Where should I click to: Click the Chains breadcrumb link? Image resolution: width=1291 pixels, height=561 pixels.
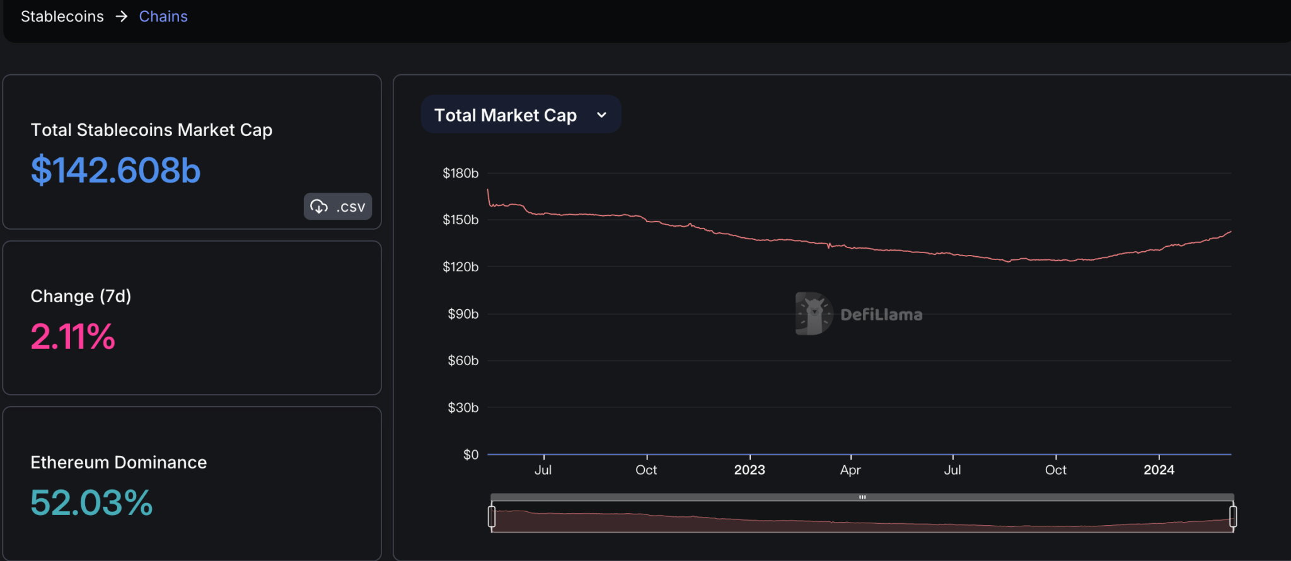coord(163,16)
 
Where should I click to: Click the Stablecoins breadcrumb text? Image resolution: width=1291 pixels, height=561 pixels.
coord(62,16)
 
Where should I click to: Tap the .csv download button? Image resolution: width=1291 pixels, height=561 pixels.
coord(338,207)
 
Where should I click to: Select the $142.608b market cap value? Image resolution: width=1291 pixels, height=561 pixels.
coord(115,171)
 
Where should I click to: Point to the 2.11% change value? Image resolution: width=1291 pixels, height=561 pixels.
coord(73,336)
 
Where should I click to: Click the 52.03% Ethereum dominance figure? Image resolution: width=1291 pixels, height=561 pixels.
coord(91,503)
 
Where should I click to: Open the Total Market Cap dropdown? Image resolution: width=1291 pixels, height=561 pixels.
coord(521,115)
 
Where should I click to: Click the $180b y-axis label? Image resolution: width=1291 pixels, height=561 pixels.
coord(460,173)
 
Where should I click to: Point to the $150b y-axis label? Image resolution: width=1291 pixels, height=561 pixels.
coord(460,220)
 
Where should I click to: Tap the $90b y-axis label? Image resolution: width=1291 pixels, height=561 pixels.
coord(463,314)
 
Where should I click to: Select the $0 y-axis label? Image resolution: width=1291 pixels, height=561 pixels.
coord(470,455)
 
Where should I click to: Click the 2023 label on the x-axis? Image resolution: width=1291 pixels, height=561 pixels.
coord(750,470)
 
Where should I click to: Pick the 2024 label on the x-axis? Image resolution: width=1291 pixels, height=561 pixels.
coord(1159,470)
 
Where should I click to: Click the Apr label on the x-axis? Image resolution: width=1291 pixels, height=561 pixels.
coord(850,470)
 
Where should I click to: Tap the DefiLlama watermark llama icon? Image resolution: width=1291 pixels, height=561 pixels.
coord(813,314)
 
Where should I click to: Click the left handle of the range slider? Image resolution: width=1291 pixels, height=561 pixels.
coord(492,516)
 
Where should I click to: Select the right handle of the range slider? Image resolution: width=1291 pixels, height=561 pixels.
coord(1233,516)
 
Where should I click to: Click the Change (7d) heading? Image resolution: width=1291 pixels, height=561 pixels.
coord(81,296)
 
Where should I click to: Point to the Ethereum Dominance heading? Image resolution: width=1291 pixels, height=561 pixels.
coord(119,462)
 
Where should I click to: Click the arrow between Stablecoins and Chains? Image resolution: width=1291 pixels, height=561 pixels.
coord(122,16)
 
